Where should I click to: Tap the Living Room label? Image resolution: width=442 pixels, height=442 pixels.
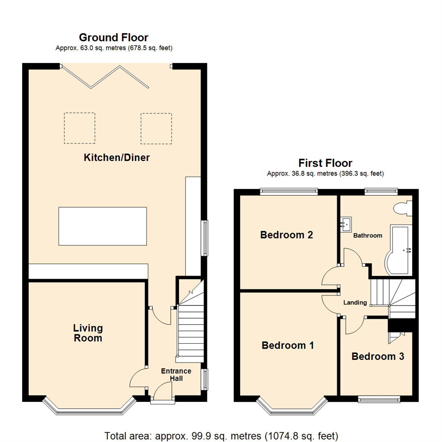pyautogui.click(x=88, y=333)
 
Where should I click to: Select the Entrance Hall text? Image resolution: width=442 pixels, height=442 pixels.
pyautogui.click(x=176, y=375)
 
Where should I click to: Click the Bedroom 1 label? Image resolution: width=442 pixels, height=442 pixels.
pyautogui.click(x=288, y=345)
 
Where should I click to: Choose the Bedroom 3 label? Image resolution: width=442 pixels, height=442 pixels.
pyautogui.click(x=378, y=356)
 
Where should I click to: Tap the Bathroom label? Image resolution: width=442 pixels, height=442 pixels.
pyautogui.click(x=368, y=236)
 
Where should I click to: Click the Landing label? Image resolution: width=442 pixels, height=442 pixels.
pyautogui.click(x=355, y=302)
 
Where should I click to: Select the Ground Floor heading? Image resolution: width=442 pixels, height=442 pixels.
pyautogui.click(x=114, y=38)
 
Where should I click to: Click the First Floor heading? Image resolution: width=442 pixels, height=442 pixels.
pyautogui.click(x=325, y=163)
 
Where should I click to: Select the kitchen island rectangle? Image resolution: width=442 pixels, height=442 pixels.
pyautogui.click(x=102, y=226)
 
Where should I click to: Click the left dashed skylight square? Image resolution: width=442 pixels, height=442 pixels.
pyautogui.click(x=79, y=128)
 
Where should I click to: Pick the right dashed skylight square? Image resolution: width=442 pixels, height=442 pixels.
pyautogui.click(x=156, y=128)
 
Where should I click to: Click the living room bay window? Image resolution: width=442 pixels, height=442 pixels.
pyautogui.click(x=89, y=408)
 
